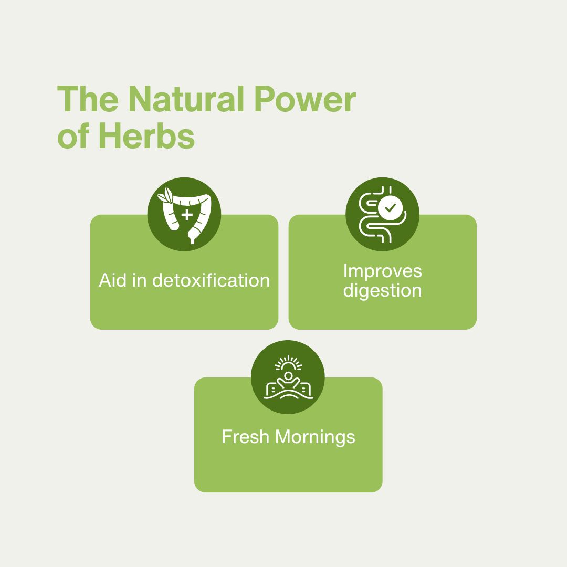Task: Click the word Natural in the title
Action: click(x=186, y=99)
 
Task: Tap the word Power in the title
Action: click(x=305, y=99)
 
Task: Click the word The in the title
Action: click(x=88, y=99)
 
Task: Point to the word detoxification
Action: click(x=211, y=280)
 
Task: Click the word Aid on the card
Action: click(x=112, y=280)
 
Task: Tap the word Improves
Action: click(x=383, y=271)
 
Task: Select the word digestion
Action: click(x=383, y=291)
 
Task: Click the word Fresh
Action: click(x=246, y=436)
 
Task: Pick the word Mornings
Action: click(x=315, y=437)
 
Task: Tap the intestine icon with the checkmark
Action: click(x=383, y=214)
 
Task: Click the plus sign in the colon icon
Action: click(x=187, y=215)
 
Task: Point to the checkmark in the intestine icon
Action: click(x=390, y=208)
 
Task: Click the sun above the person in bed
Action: click(x=288, y=363)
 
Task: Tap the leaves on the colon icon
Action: click(x=165, y=195)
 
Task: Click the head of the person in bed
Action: click(x=288, y=376)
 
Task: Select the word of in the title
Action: click(x=74, y=136)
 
